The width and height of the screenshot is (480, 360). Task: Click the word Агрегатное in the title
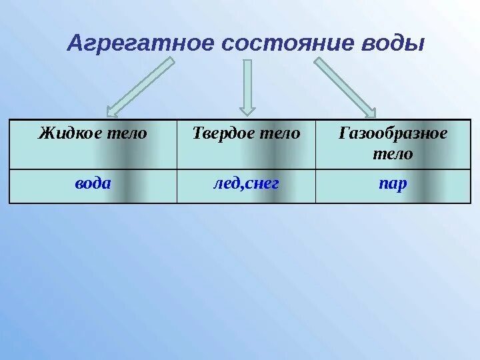click(x=141, y=44)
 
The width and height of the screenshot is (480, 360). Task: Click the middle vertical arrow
click(x=247, y=83)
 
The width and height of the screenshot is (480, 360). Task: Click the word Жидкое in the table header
click(x=69, y=133)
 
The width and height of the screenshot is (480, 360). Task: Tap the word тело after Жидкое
click(x=126, y=133)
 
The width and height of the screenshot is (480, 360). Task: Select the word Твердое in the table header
click(x=221, y=133)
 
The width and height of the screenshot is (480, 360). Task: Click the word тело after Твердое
click(x=280, y=133)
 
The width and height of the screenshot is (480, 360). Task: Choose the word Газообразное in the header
click(x=393, y=133)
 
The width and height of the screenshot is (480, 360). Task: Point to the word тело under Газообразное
click(x=393, y=154)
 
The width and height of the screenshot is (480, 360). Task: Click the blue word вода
click(x=93, y=184)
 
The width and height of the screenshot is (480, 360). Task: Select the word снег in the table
click(x=261, y=184)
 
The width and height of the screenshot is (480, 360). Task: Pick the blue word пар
click(x=393, y=184)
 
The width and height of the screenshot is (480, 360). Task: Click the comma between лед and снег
click(x=241, y=187)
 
